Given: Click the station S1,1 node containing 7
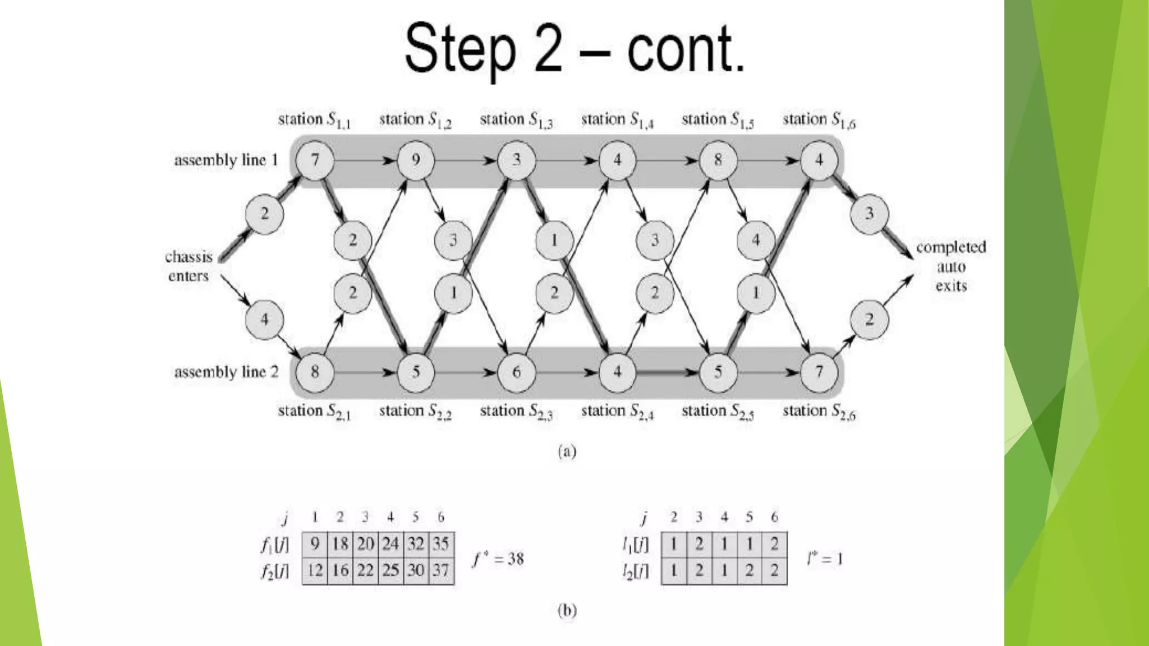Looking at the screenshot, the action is coord(315,160).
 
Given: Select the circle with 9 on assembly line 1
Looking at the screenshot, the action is coord(416,160).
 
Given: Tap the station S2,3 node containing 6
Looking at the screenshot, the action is coord(516,372).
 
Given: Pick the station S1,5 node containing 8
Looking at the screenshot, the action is coord(718,160).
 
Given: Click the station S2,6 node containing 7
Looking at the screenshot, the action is coord(819,372).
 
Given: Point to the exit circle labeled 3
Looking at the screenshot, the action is coord(869,214).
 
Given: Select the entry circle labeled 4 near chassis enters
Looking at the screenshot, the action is coord(264,320).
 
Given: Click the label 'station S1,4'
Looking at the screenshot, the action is coord(617,120).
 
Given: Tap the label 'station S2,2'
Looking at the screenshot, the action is coord(415,412).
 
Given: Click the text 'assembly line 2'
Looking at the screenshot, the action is coord(226,372).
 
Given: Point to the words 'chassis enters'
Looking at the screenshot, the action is coord(189,266).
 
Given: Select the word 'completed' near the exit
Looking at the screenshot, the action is coord(951,247).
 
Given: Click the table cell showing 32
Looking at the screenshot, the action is coord(416,544).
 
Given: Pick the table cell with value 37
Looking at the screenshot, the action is coord(441,571).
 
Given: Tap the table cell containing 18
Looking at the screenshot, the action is coord(340,544).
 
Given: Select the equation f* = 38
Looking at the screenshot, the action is coord(498,559).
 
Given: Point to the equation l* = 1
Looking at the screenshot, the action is coord(825,559).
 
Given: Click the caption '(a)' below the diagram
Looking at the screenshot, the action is coord(567,451).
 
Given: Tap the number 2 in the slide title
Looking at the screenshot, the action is coord(548,49).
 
